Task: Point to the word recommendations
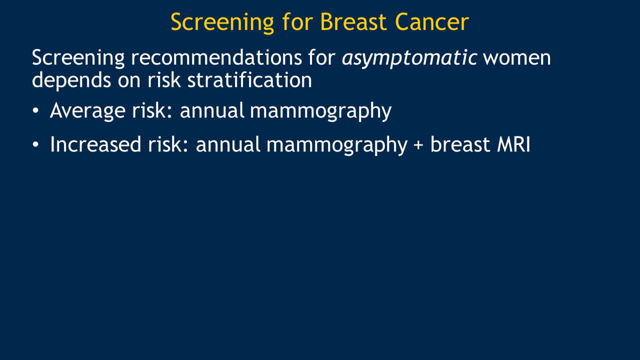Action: [x=216, y=57]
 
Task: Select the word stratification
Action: [x=249, y=79]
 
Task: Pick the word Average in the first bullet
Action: [x=87, y=111]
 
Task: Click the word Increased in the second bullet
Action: [x=95, y=144]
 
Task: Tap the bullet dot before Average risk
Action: [x=35, y=111]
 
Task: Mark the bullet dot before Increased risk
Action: [x=35, y=144]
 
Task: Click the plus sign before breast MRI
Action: [x=418, y=145]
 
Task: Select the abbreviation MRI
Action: [x=513, y=144]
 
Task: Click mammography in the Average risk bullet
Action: [x=321, y=111]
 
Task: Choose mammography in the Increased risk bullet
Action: [x=337, y=145]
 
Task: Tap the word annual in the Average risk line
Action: [x=211, y=110]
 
